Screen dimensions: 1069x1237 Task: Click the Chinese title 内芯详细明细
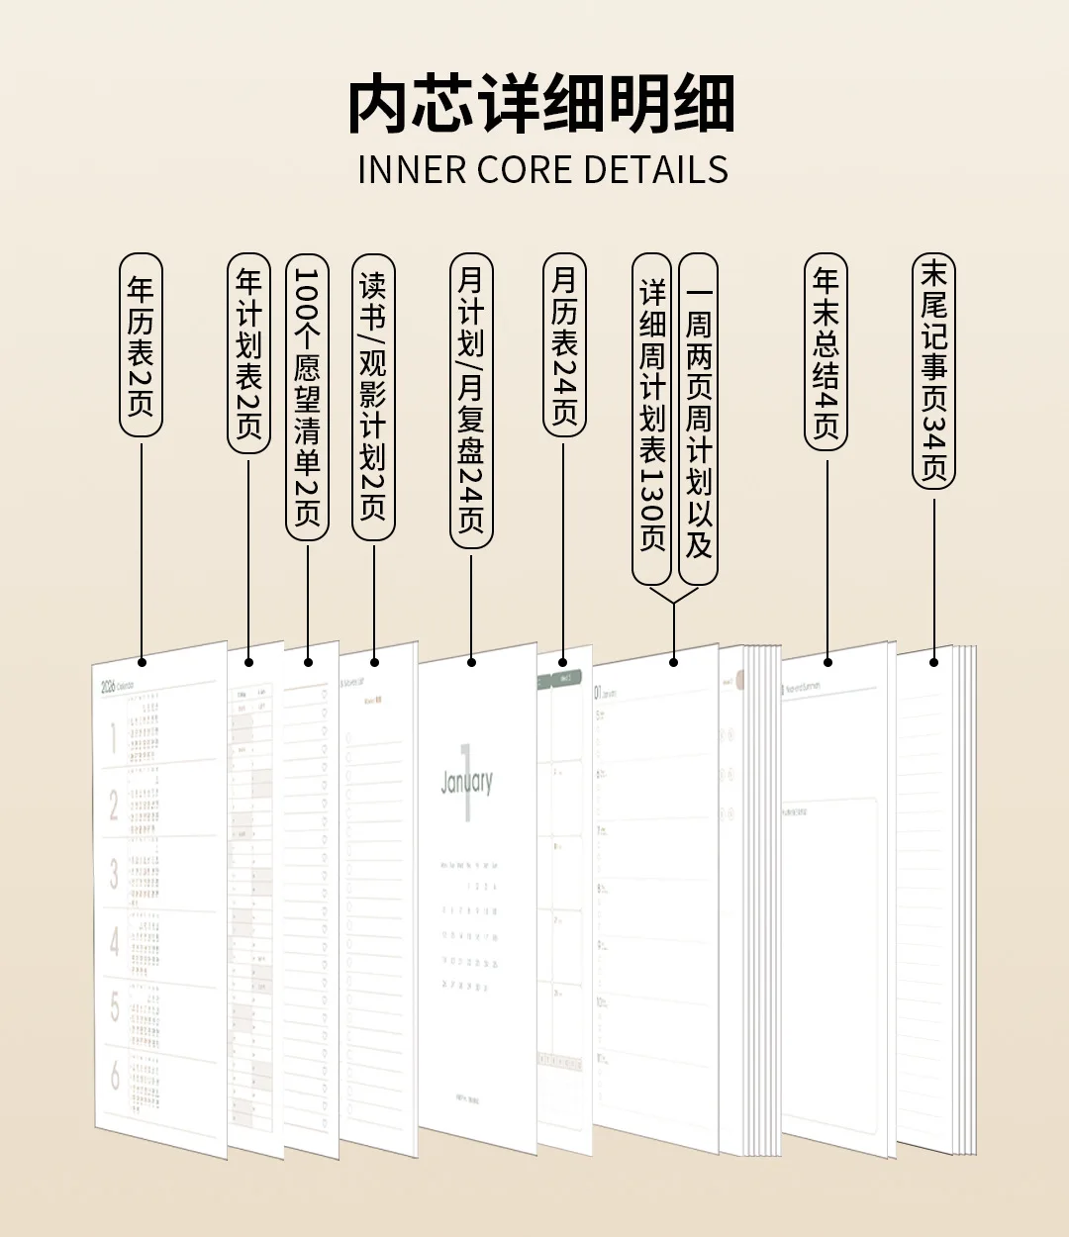coord(541,104)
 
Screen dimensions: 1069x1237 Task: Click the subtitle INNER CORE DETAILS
coord(542,170)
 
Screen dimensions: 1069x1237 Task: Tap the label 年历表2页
coord(141,344)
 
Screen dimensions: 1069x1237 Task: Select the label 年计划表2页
coord(248,352)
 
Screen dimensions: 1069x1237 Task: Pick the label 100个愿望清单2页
coord(307,397)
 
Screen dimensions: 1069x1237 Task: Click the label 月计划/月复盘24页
coord(471,400)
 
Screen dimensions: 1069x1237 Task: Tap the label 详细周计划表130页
coord(652,418)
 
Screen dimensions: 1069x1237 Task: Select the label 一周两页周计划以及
coord(699,418)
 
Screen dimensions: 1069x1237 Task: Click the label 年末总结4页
coord(826,351)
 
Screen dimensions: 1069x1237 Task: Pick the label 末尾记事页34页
coord(933,371)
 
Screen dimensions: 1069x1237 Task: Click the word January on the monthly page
coord(466,782)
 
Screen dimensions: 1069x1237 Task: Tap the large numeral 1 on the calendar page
coord(114,737)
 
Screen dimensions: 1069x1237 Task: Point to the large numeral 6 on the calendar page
coord(115,1075)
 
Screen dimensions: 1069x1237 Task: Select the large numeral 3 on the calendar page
coord(114,873)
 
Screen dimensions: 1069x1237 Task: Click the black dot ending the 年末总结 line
coord(827,662)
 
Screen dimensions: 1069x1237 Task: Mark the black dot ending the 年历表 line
coord(142,662)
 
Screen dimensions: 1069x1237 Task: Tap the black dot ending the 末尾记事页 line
coord(933,662)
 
